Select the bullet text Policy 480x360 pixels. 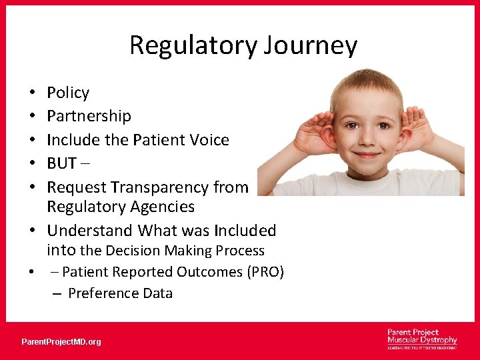click(x=68, y=93)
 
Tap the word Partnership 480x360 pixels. click(x=89, y=116)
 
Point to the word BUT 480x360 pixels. click(x=61, y=164)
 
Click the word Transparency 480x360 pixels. click(x=169, y=187)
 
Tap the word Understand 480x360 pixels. click(x=90, y=231)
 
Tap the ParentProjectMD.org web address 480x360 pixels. click(x=61, y=342)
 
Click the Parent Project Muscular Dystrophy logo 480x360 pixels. click(x=421, y=339)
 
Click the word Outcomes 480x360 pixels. click(x=198, y=272)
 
